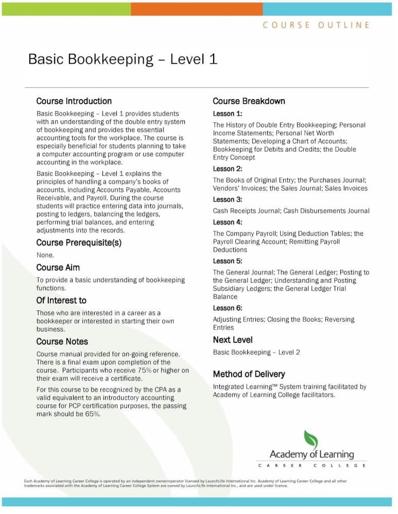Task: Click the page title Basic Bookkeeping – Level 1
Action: (x=123, y=59)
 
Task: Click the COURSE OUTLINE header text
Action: (x=316, y=25)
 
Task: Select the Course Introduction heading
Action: (x=74, y=101)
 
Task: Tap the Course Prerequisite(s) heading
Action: (x=79, y=243)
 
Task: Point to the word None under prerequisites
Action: (x=45, y=255)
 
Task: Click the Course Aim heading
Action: (x=58, y=268)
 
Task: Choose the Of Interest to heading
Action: (x=61, y=301)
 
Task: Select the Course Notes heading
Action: (x=62, y=342)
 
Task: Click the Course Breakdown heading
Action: (x=249, y=101)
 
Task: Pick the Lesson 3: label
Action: (x=227, y=199)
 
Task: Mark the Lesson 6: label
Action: (x=227, y=308)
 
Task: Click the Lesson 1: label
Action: (x=227, y=114)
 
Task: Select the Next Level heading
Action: (x=233, y=340)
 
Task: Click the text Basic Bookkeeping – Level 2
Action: (x=256, y=353)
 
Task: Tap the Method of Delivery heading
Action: (x=249, y=374)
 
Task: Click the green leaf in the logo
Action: (x=310, y=439)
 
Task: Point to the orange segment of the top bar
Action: (x=196, y=8)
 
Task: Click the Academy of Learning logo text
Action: (x=312, y=454)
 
